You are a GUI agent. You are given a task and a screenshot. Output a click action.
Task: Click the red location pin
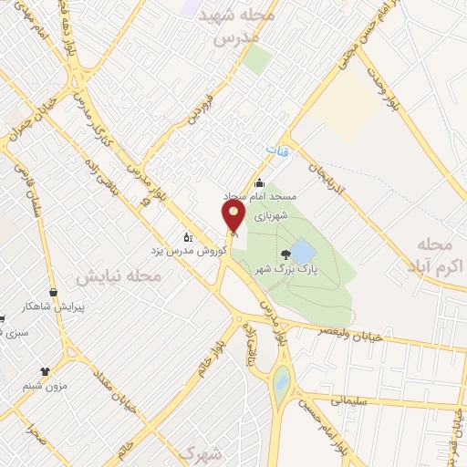coord(234,217)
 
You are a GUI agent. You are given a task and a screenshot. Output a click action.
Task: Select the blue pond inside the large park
coord(305,251)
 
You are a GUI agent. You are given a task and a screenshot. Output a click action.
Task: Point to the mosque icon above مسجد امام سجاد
coord(259,182)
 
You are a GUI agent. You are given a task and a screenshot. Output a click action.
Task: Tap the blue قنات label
coord(277,150)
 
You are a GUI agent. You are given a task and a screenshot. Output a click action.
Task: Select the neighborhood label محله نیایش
coord(119,275)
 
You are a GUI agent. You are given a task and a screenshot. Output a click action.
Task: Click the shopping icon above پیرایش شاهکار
coord(53,293)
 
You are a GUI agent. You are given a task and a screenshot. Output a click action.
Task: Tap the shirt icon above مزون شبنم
coord(45,371)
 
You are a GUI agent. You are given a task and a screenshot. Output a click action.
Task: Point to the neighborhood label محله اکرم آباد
coord(434,254)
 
